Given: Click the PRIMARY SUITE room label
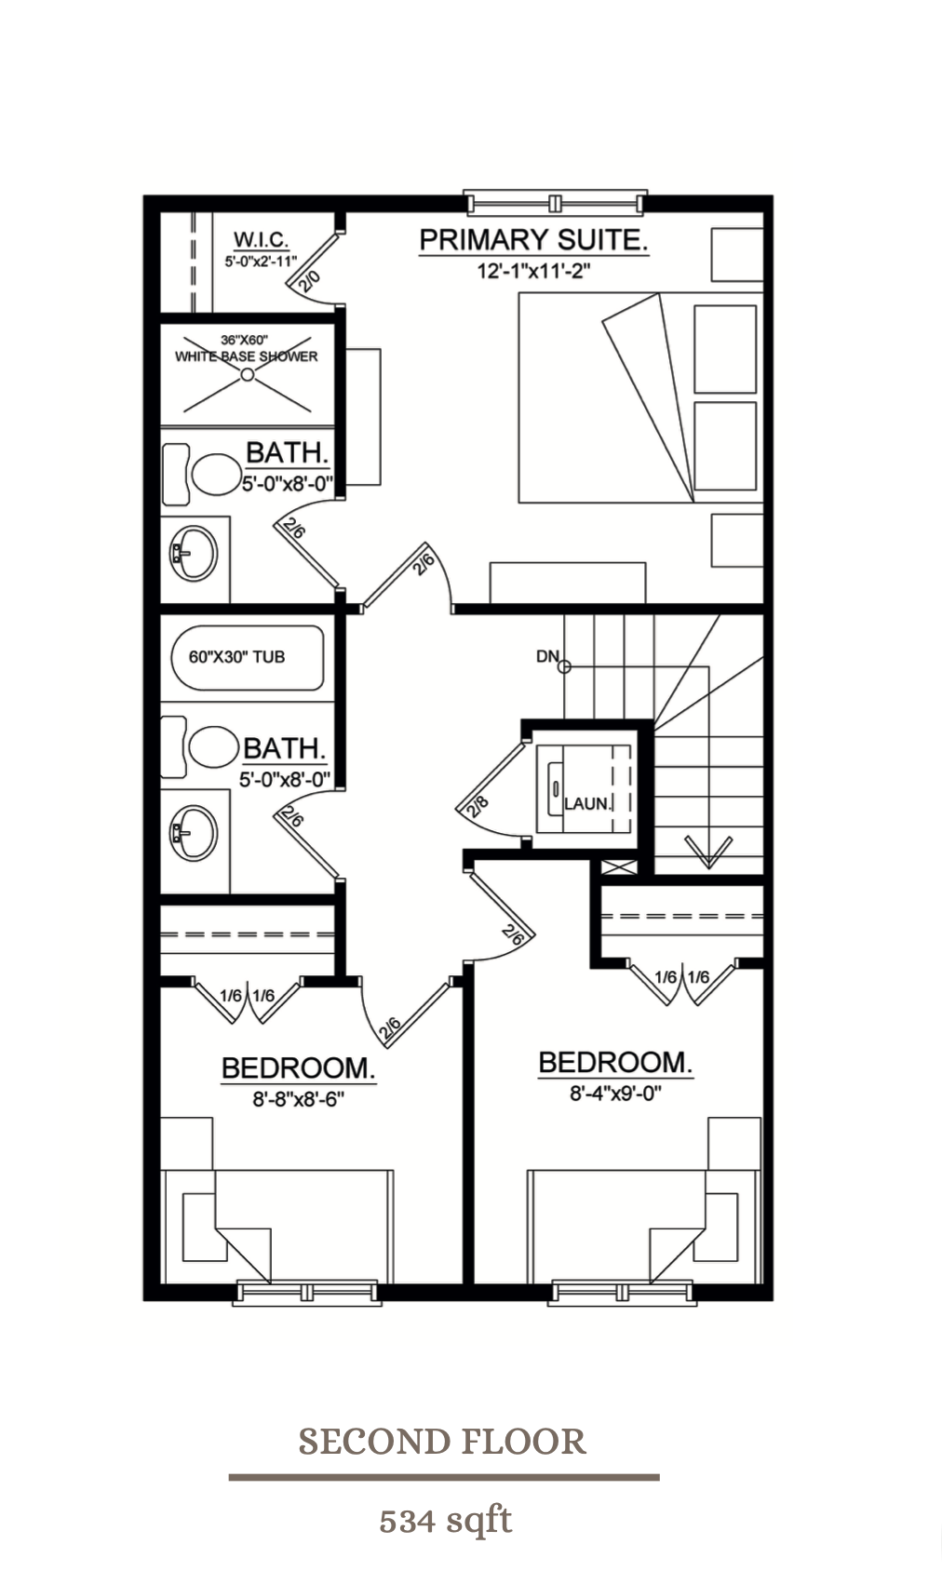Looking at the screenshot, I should (x=532, y=240).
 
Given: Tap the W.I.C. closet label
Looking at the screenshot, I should (x=261, y=241).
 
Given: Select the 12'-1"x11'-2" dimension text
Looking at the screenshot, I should (x=534, y=272).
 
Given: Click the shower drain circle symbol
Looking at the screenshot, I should (x=247, y=374).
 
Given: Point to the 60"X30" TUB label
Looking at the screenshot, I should (x=236, y=656).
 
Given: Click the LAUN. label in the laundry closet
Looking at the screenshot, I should (x=587, y=803).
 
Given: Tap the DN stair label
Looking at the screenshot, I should (x=546, y=656).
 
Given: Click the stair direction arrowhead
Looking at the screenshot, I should (x=708, y=850).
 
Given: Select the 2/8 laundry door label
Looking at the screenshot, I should (x=478, y=806).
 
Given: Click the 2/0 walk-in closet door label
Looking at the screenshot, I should (x=311, y=278).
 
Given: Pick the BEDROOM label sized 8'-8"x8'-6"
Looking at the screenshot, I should (x=298, y=1068).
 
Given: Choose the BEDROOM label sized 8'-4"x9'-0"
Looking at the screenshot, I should (x=615, y=1063).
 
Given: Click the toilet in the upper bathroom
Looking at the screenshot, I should (x=213, y=474).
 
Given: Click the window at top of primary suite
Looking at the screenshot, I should (x=555, y=202).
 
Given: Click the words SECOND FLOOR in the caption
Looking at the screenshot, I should (x=442, y=1442).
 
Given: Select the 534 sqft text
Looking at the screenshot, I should (x=445, y=1521).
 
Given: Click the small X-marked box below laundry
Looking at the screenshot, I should (x=619, y=867).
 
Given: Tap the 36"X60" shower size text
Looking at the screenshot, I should (x=245, y=341).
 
